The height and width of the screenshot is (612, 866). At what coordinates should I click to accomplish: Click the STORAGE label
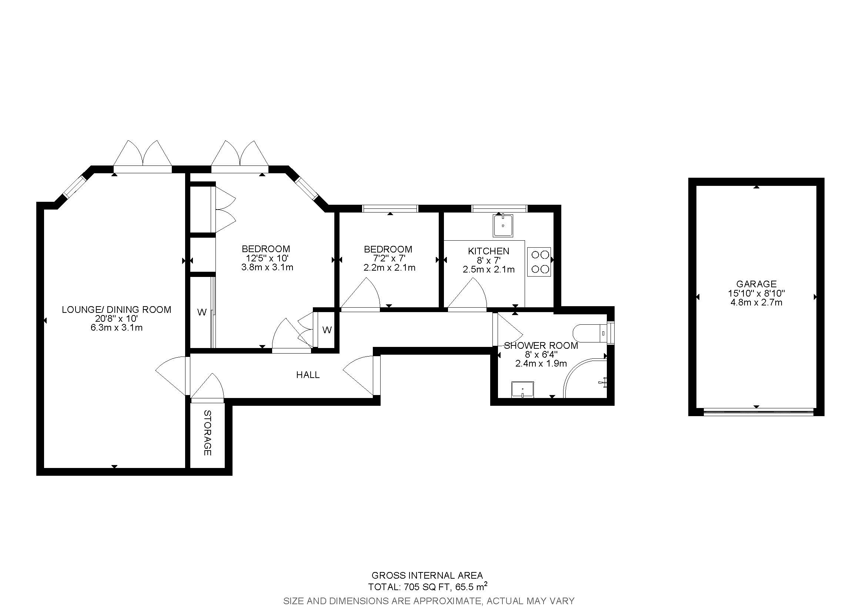point(207,433)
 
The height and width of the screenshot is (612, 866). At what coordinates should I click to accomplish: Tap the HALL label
point(308,374)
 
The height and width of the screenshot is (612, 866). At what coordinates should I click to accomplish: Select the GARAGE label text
point(756,284)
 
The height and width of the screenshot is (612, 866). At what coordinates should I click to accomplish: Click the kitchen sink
point(503,225)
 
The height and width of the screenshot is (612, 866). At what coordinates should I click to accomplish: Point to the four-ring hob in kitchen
point(539,262)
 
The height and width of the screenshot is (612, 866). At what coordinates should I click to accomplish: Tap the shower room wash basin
point(523,389)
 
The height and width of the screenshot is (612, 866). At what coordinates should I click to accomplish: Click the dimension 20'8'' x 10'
point(116,318)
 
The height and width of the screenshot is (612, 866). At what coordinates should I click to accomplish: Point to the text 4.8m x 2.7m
point(756,302)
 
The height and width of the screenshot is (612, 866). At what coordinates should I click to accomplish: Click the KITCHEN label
point(488,251)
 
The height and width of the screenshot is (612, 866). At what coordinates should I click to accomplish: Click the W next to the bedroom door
point(327,330)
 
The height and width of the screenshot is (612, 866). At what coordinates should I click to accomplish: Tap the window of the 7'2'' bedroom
point(390,208)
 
